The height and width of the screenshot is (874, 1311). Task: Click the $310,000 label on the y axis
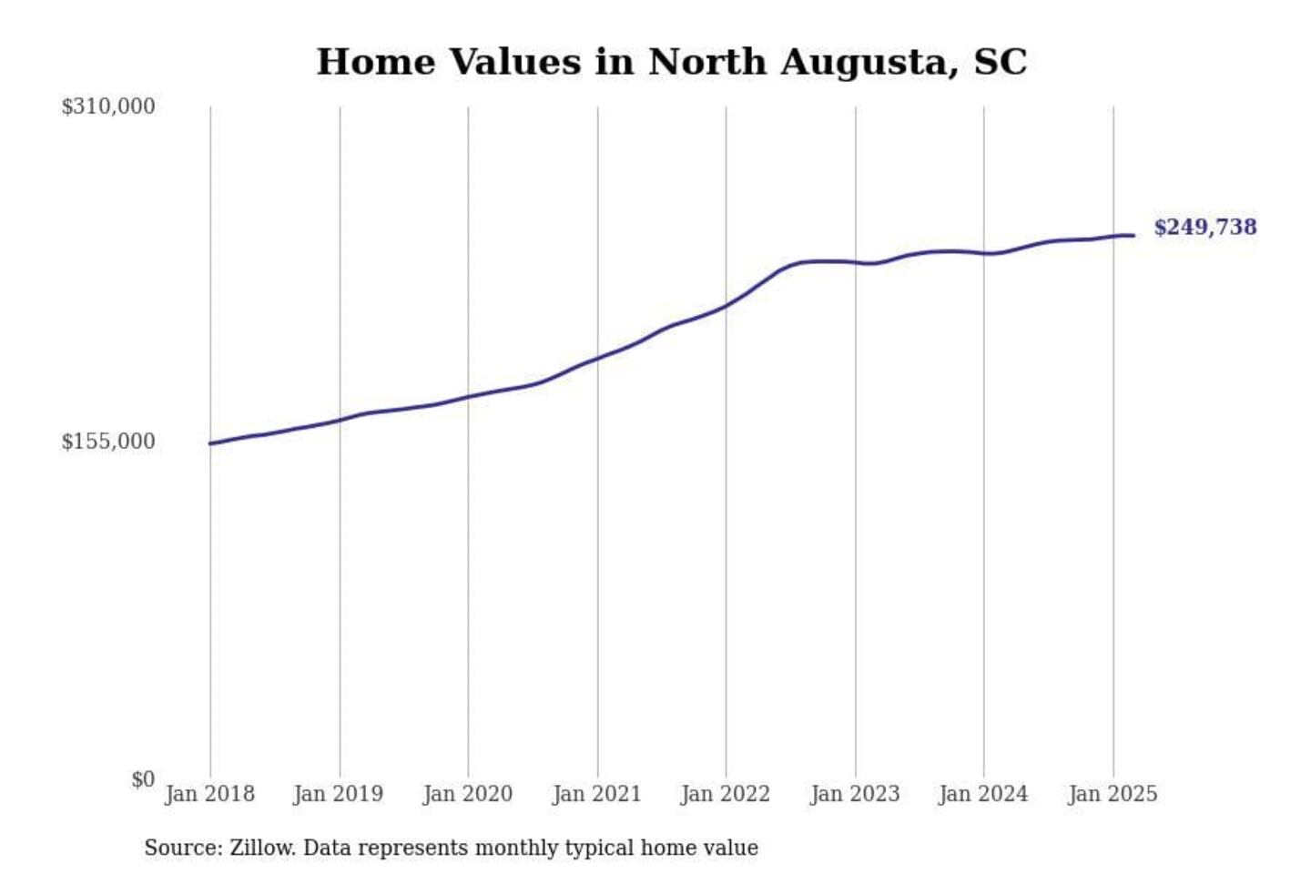[x=107, y=107]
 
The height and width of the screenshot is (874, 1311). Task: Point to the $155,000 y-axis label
[x=107, y=442]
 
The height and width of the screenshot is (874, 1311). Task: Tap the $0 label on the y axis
[x=143, y=779]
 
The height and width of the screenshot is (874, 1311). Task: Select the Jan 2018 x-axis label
[x=209, y=794]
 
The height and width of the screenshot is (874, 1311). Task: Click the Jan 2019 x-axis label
[x=339, y=794]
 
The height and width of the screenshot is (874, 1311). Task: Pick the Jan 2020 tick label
[x=468, y=794]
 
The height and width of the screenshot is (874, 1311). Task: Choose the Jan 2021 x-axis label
[x=597, y=794]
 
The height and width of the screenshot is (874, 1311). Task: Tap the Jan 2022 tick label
[x=726, y=794]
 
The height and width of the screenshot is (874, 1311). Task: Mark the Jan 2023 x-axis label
[x=855, y=794]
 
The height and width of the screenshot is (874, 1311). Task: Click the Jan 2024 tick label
[x=983, y=794]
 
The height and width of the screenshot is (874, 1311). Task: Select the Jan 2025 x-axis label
[x=1113, y=794]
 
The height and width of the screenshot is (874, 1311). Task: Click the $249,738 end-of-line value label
[x=1205, y=227]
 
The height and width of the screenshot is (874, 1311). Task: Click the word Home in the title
[x=376, y=62]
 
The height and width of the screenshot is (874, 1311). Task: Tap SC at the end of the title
[x=1001, y=62]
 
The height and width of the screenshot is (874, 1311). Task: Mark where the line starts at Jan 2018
[x=211, y=443]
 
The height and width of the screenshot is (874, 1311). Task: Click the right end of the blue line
[x=1133, y=236]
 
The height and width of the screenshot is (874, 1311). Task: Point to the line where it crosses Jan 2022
[x=727, y=306]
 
